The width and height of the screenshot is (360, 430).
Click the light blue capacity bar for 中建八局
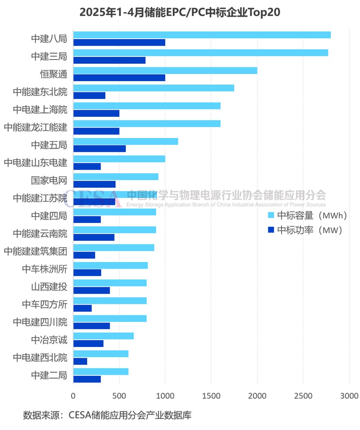pyautogui.click(x=202, y=35)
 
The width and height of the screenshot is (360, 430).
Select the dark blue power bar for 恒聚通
pyautogui.click(x=119, y=78)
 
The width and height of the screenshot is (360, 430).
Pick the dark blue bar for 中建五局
pyautogui.click(x=99, y=148)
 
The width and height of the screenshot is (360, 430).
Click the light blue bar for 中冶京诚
pyautogui.click(x=103, y=336)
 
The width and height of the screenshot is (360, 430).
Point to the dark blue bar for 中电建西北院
pyautogui.click(x=80, y=361)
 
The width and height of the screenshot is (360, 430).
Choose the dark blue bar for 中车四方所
pyautogui.click(x=82, y=308)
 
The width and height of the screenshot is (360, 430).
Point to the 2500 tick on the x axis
pyautogui.click(x=303, y=396)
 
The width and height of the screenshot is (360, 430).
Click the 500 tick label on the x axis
pyautogui.click(x=119, y=396)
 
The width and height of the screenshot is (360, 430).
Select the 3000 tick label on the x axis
pyautogui.click(x=349, y=396)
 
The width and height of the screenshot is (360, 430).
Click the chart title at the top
pyautogui.click(x=180, y=12)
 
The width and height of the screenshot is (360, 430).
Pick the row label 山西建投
pyautogui.click(x=49, y=287)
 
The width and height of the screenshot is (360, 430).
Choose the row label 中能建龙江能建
pyautogui.click(x=36, y=127)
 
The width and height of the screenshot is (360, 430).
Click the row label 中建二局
pyautogui.click(x=49, y=375)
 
